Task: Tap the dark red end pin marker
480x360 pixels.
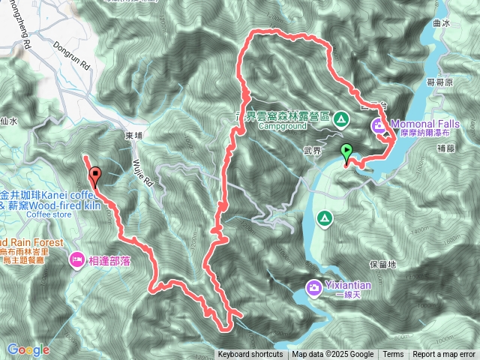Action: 94,176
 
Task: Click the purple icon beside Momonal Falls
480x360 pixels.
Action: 379,124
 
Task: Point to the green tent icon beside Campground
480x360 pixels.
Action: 341,118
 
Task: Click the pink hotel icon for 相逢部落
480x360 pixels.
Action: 77,259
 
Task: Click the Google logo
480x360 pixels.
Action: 28,349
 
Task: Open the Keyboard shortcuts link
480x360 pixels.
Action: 250,355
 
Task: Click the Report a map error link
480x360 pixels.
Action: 445,355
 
